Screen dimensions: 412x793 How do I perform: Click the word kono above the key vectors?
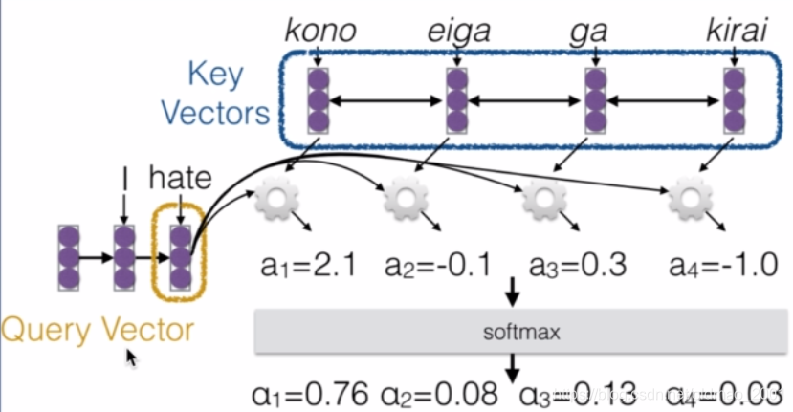pos(320,32)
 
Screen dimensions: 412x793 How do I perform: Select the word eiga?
pos(458,32)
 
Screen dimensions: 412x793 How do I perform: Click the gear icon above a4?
pos(689,200)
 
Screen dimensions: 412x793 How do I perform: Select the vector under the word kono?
pos(319,99)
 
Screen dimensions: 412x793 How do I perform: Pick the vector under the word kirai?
pos(734,99)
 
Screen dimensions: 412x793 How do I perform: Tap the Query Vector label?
pos(98,330)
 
